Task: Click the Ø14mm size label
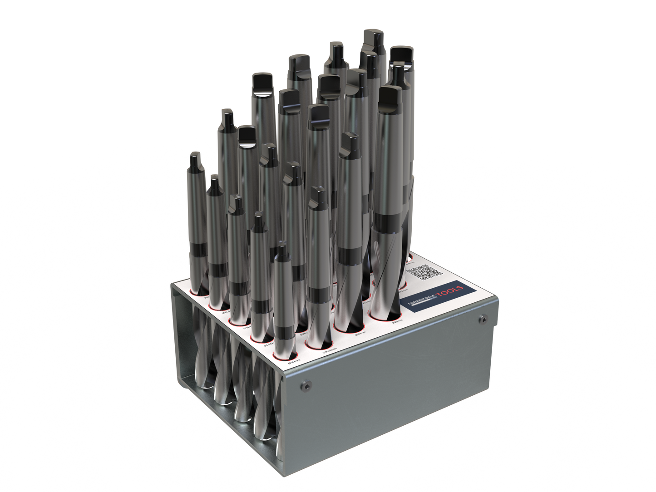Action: click(295, 361)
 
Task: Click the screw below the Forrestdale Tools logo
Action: click(483, 320)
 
